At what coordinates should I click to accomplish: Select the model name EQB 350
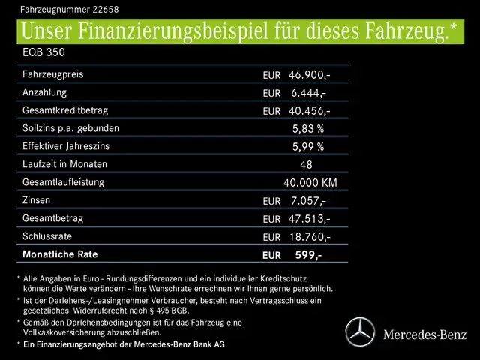pyautogui.click(x=44, y=55)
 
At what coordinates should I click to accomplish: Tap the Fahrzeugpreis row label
pyautogui.click(x=53, y=74)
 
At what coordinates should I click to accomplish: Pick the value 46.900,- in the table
pyautogui.click(x=310, y=75)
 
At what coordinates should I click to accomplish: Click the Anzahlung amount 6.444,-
pyautogui.click(x=308, y=93)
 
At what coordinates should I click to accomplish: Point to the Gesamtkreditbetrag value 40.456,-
pyautogui.click(x=310, y=111)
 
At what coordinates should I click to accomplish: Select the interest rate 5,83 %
pyautogui.click(x=307, y=129)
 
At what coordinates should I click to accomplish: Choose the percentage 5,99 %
pyautogui.click(x=307, y=147)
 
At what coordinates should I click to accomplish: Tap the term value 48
pyautogui.click(x=305, y=165)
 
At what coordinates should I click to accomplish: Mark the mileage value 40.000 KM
pyautogui.click(x=310, y=183)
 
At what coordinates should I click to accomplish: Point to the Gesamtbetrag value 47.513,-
pyautogui.click(x=310, y=219)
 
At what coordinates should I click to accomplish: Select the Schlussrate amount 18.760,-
pyautogui.click(x=310, y=237)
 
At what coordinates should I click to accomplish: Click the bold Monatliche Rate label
pyautogui.click(x=61, y=254)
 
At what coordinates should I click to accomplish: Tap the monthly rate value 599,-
pyautogui.click(x=308, y=255)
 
